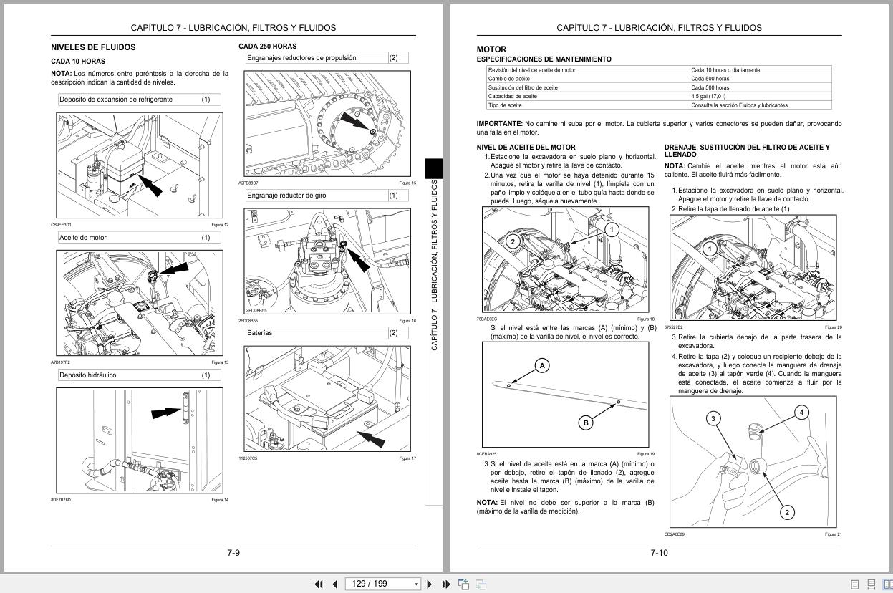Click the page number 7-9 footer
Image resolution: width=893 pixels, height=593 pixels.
pos(233,553)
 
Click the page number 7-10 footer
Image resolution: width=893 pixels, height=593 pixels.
pos(659,553)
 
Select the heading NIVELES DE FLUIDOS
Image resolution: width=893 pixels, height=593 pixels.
pos(93,47)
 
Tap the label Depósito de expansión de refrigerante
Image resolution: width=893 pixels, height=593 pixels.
pos(116,100)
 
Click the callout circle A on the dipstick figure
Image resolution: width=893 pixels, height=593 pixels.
pos(542,366)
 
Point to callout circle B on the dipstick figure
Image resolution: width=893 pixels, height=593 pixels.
pos(586,423)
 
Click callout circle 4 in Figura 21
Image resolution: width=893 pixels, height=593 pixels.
pos(801,412)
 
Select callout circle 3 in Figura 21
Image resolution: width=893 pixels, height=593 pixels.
pos(713,418)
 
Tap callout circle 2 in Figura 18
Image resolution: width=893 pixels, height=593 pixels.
pos(513,241)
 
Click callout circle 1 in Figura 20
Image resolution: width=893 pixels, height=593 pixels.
pos(709,249)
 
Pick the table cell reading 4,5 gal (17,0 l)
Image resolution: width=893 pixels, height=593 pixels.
pos(708,96)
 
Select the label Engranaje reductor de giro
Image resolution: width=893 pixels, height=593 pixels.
pos(286,196)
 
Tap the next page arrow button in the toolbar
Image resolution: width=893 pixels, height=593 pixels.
pos(430,584)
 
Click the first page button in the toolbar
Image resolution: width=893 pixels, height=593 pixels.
pos(319,584)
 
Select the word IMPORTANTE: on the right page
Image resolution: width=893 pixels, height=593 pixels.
pos(499,124)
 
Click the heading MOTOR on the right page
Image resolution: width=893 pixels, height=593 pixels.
pos(491,49)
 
